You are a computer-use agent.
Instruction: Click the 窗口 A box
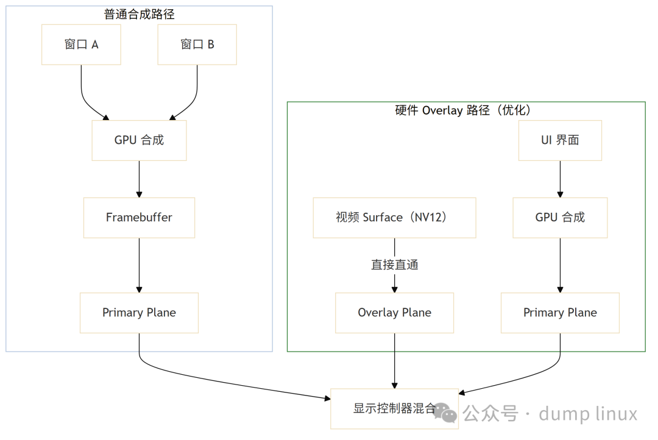81,44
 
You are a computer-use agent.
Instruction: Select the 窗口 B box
197,44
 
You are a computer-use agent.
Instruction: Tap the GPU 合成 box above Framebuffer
139,140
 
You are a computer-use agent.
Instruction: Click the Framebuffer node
139,218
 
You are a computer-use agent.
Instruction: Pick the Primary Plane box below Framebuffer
139,313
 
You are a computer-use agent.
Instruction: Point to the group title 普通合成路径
140,13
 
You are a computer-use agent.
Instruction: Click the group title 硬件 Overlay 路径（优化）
466,110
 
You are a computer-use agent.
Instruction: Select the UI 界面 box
560,140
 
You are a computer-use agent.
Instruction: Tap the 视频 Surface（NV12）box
394,218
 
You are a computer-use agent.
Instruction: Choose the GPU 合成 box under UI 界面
560,218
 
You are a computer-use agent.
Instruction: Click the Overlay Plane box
394,313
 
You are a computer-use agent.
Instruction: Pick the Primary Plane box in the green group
560,313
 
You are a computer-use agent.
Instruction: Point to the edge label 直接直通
394,265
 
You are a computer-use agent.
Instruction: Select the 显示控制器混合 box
394,408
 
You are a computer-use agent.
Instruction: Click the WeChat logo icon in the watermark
449,413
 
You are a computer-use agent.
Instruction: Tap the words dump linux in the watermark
588,414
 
